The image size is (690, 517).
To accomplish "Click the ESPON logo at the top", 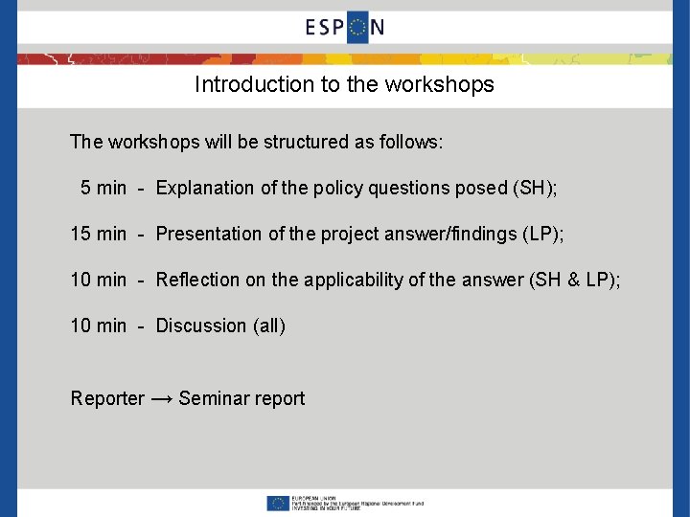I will pos(345,27).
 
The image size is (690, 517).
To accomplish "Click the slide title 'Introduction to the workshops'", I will pos(344,84).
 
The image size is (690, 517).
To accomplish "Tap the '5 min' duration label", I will pos(103,188).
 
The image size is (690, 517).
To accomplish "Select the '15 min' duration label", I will pos(99,234).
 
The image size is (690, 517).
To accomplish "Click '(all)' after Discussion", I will pos(269,326).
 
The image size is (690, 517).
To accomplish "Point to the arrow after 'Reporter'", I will pos(162,398).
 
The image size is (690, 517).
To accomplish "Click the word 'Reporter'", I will pos(107,398).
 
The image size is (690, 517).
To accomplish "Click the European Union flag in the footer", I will pos(279,503).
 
